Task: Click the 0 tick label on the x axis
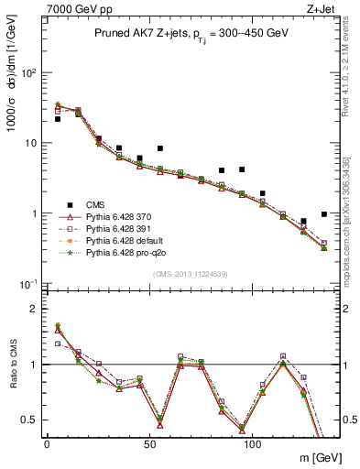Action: [47, 442]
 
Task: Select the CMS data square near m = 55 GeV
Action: [159, 148]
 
